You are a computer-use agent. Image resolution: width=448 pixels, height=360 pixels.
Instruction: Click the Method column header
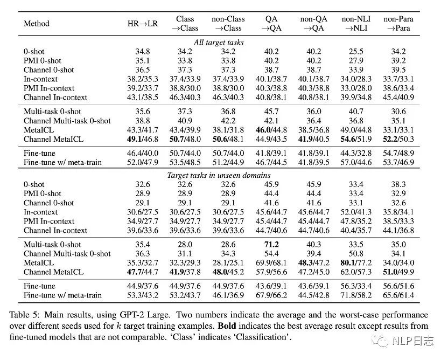pyautogui.click(x=37, y=24)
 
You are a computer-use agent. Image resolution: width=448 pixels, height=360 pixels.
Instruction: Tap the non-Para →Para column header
pyautogui.click(x=398, y=24)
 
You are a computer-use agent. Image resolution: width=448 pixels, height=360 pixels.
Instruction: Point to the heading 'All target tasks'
pyautogui.click(x=223, y=42)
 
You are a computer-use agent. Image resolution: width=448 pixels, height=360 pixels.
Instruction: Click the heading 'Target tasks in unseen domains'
pyautogui.click(x=223, y=175)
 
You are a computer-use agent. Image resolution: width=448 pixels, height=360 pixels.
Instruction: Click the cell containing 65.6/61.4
pyautogui.click(x=398, y=295)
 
